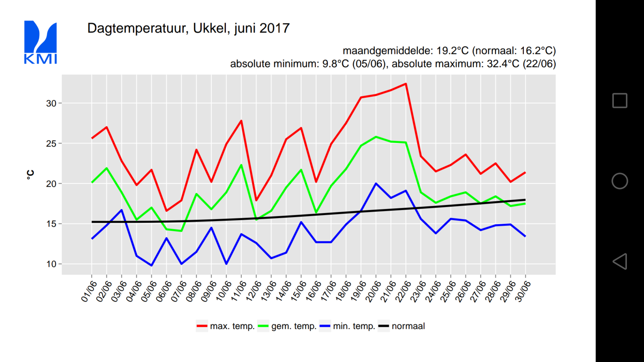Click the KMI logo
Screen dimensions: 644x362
40,42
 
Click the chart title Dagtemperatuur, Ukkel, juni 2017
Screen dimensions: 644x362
188,28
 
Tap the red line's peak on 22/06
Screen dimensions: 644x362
406,84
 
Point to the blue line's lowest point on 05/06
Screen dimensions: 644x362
152,265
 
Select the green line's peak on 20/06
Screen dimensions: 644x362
376,137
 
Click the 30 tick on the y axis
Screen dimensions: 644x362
51,103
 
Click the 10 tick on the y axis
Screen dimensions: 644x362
51,264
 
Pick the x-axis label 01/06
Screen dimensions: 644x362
89,291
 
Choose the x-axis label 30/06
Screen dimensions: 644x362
523,291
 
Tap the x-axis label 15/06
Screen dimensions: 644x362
299,291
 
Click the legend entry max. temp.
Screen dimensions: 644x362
225,326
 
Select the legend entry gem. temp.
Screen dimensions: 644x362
287,326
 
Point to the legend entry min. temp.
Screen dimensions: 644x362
347,326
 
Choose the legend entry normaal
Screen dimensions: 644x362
401,326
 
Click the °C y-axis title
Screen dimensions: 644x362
30,174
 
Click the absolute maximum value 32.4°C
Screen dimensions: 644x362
503,64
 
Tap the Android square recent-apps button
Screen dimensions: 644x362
620,101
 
